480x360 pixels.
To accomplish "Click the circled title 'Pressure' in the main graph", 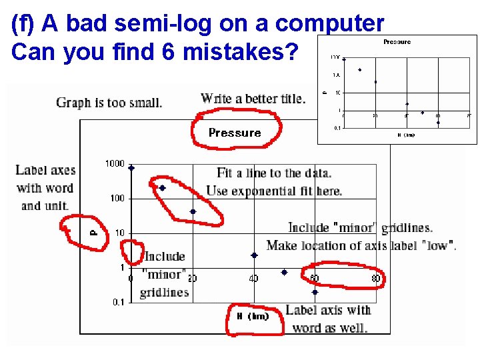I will (x=235, y=133).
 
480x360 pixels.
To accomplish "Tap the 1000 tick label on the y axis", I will (x=115, y=164).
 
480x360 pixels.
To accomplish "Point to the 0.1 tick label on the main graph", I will (x=118, y=302).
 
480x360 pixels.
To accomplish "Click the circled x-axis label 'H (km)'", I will (x=253, y=316).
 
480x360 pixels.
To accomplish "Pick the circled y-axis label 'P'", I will (x=94, y=233).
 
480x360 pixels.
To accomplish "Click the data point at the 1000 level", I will (x=131, y=168).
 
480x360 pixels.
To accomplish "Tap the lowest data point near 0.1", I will (x=315, y=292).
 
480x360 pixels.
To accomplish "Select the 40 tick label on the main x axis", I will (x=253, y=278).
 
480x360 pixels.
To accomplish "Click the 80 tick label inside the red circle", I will (x=376, y=278).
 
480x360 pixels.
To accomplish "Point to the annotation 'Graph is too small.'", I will (x=109, y=103).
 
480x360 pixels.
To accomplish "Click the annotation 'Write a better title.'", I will (x=253, y=99).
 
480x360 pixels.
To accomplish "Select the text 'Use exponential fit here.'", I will (x=274, y=191).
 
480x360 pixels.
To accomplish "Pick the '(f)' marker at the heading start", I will (x=23, y=23).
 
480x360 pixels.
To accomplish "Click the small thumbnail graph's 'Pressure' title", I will (x=397, y=42).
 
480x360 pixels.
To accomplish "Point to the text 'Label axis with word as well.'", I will (x=328, y=319).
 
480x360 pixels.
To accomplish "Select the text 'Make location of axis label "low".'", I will (x=361, y=245).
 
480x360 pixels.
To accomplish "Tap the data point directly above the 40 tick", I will (x=254, y=255).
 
